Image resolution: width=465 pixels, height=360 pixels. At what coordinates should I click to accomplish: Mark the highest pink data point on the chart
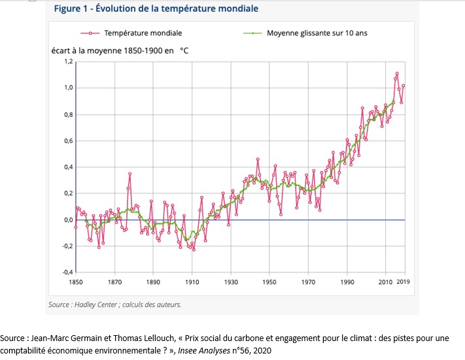(397, 73)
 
